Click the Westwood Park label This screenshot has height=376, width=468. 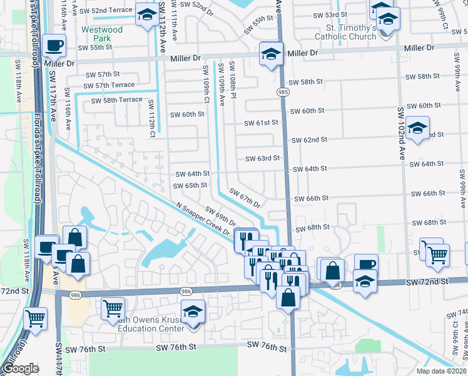(102, 34)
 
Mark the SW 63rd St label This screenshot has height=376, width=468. (262, 159)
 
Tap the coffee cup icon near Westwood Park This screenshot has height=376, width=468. (54, 45)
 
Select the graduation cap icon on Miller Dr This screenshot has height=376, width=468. (270, 54)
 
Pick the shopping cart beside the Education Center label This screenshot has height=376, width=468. (112, 308)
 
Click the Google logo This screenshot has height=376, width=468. (21, 368)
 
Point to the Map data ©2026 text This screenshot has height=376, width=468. (440, 371)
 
